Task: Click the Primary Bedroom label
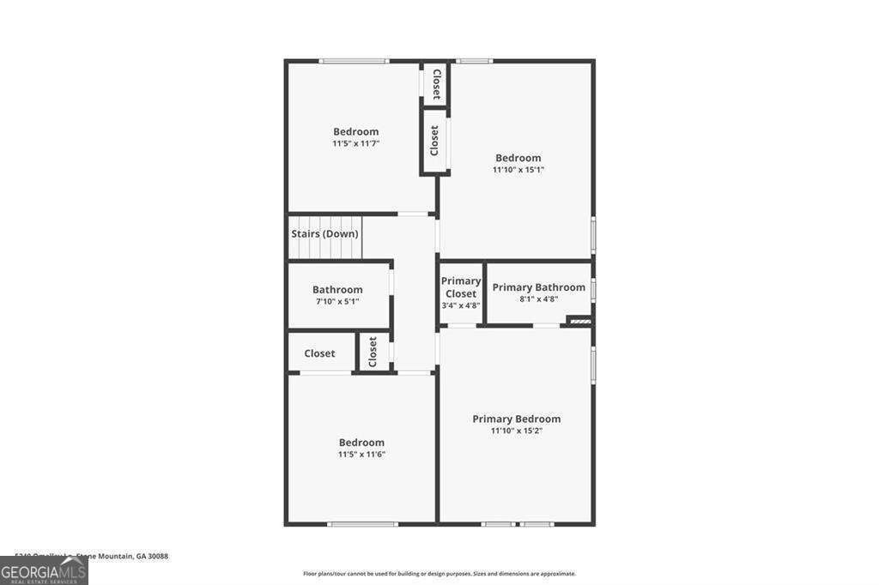[x=516, y=419]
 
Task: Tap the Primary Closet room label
[x=461, y=287]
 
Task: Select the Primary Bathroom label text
[x=538, y=287]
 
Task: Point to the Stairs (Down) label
[x=324, y=233]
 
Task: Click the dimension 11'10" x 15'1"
[x=518, y=170]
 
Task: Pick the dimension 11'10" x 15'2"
[x=516, y=431]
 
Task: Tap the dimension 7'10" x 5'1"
[x=336, y=302]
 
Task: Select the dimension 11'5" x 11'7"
[x=355, y=143]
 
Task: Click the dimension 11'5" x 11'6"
[x=361, y=454]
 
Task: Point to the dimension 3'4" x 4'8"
[x=461, y=305]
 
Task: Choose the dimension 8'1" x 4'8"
[x=538, y=299]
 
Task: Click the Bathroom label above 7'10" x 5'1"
[x=336, y=290]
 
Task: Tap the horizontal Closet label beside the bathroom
[x=319, y=353]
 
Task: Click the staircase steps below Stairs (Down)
[x=324, y=250]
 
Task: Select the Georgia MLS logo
[x=44, y=570]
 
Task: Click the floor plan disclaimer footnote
[x=439, y=574]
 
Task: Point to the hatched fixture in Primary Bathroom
[x=580, y=321]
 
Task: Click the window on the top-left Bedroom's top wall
[x=354, y=61]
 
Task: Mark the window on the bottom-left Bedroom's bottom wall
[x=362, y=523]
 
